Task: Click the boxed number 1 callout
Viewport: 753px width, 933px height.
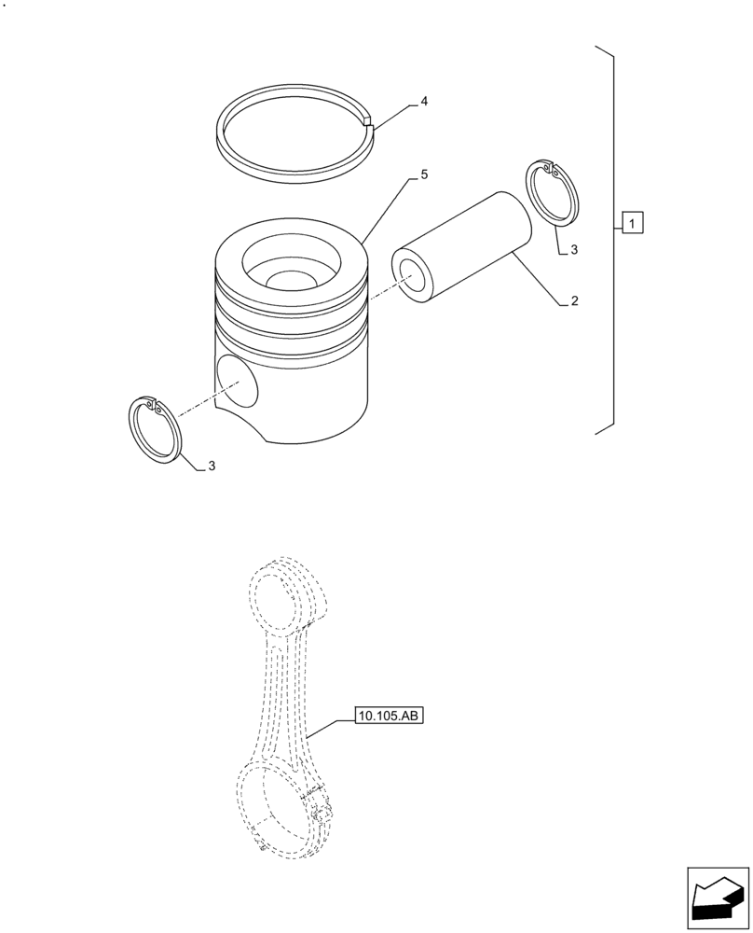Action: (x=631, y=224)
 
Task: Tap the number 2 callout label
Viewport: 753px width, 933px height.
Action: (x=575, y=301)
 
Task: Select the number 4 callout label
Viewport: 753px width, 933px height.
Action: (x=424, y=101)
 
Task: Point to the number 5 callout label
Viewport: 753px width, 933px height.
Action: (x=424, y=174)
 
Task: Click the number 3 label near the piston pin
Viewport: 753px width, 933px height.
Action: (x=574, y=250)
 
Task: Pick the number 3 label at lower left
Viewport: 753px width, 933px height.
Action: (x=212, y=466)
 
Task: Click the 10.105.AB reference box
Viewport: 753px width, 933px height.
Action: (x=389, y=717)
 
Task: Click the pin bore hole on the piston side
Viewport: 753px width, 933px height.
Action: (x=238, y=382)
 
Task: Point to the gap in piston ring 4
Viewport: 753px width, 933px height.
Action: (x=369, y=120)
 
